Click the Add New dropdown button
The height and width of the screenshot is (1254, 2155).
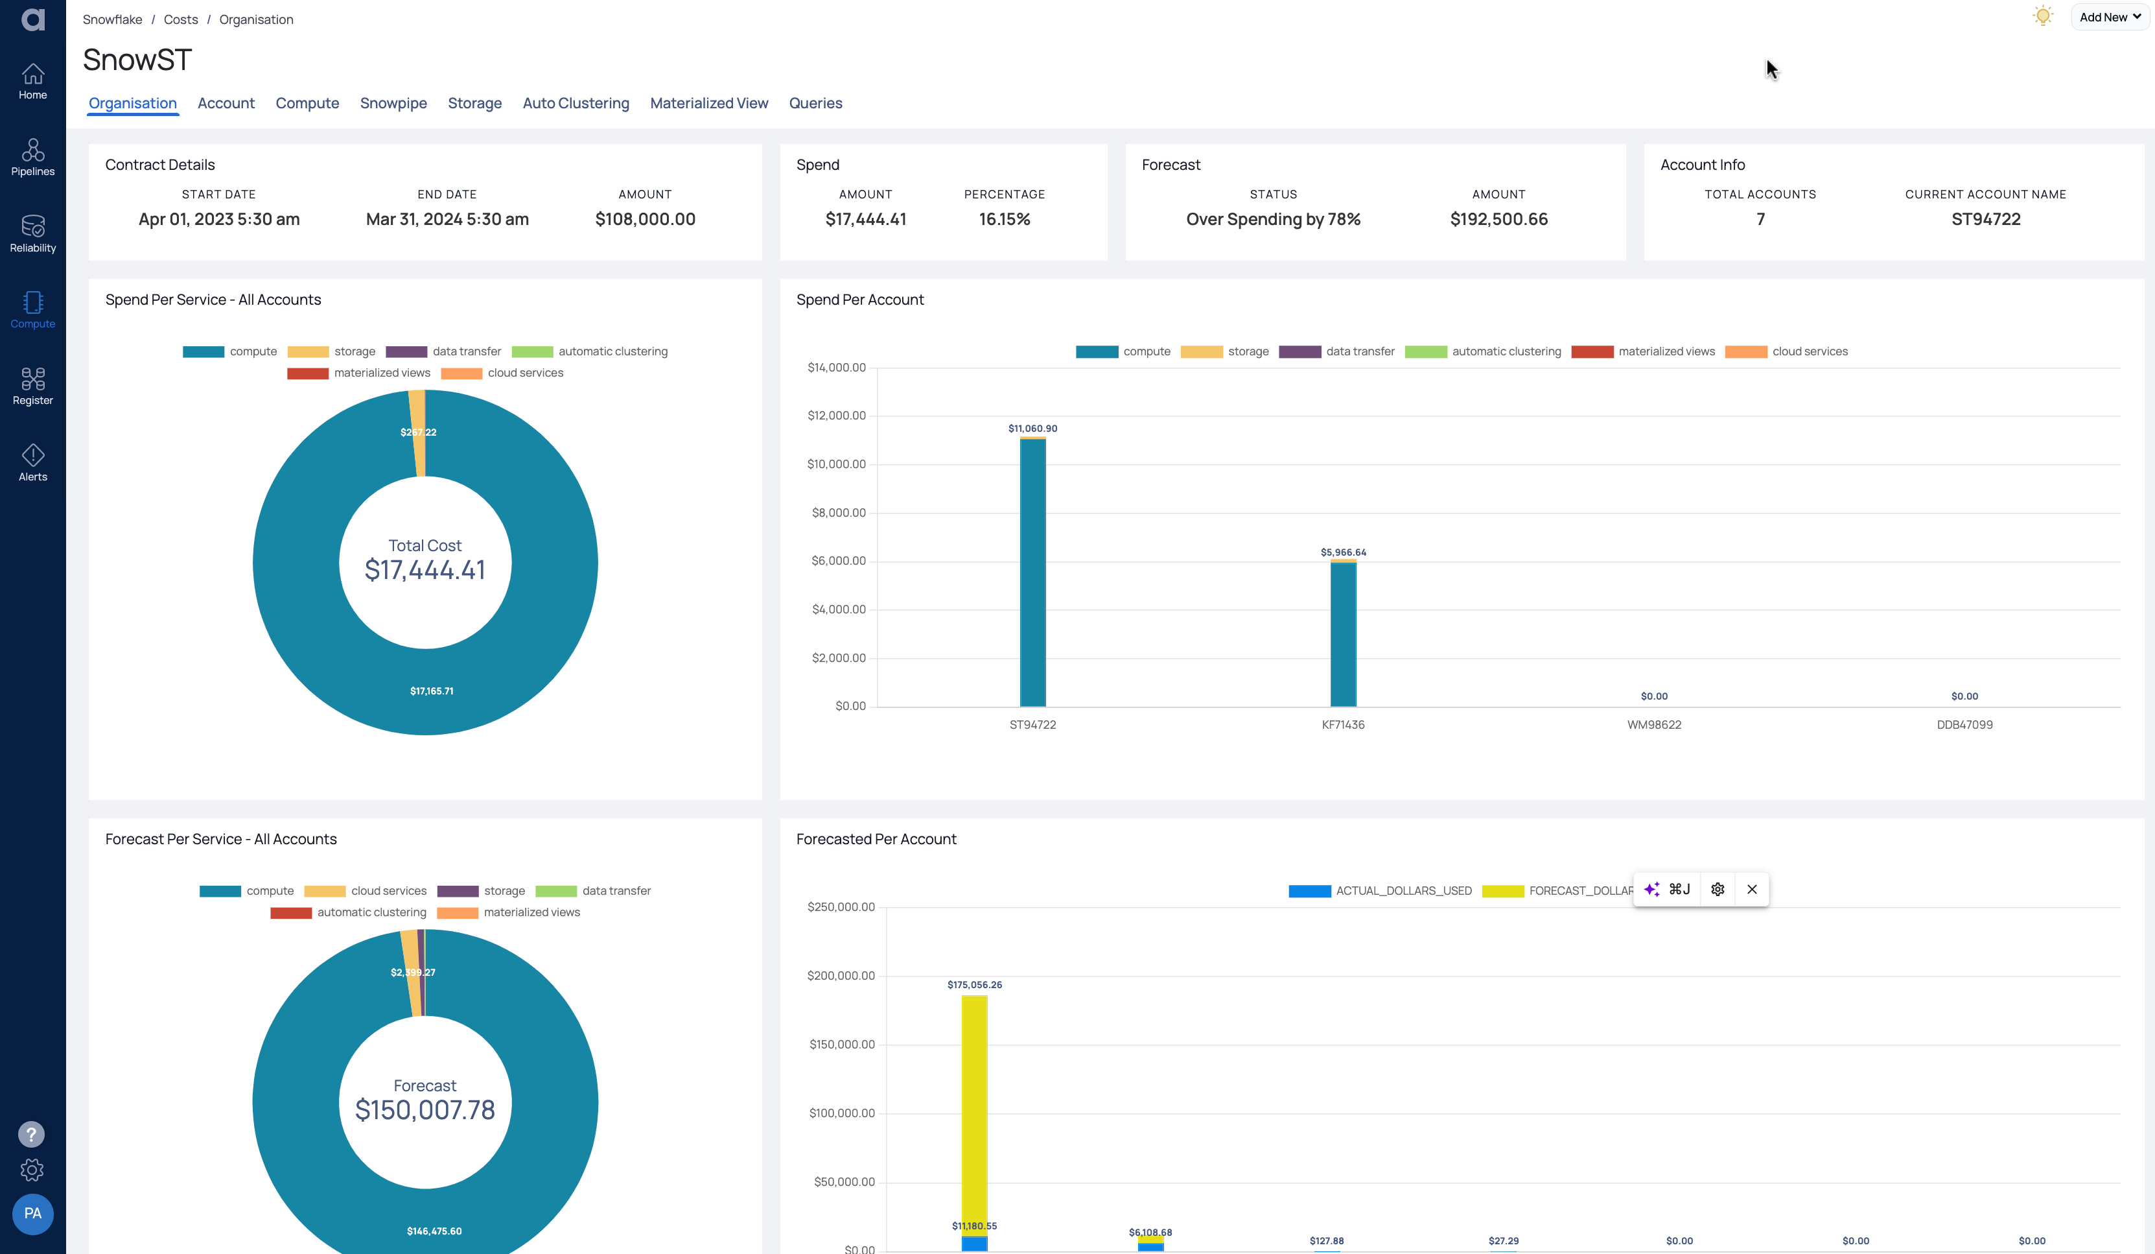2109,17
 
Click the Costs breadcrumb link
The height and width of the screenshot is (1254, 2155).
180,19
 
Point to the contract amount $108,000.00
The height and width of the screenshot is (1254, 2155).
645,220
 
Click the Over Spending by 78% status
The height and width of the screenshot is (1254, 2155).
1272,220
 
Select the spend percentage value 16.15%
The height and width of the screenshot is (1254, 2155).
1004,220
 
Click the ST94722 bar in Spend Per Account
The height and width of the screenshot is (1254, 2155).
1032,573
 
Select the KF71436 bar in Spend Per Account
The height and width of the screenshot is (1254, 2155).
1343,633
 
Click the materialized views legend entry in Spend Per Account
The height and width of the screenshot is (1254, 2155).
1643,351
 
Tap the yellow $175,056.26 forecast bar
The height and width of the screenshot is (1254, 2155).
974,1112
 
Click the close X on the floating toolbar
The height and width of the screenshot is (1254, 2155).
1751,890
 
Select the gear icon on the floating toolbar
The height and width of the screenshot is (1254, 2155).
1717,890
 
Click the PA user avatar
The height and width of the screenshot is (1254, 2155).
32,1213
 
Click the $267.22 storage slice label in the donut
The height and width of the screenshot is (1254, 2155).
418,433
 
